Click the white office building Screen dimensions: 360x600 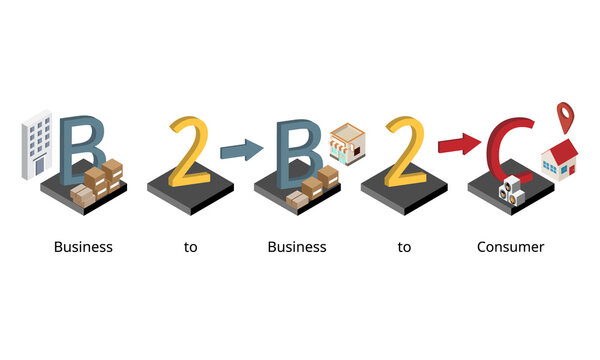[x=38, y=145]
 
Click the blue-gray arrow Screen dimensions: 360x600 [x=241, y=151]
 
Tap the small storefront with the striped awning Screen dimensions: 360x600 [x=348, y=146]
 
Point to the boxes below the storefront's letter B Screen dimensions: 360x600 [x=314, y=187]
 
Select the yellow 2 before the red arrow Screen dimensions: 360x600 [x=405, y=152]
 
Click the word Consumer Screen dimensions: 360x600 [x=511, y=247]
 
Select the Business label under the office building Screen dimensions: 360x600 [x=83, y=247]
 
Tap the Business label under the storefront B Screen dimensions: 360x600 [x=297, y=247]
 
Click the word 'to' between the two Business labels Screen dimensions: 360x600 [x=190, y=247]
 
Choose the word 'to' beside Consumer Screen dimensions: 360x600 [x=404, y=247]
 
